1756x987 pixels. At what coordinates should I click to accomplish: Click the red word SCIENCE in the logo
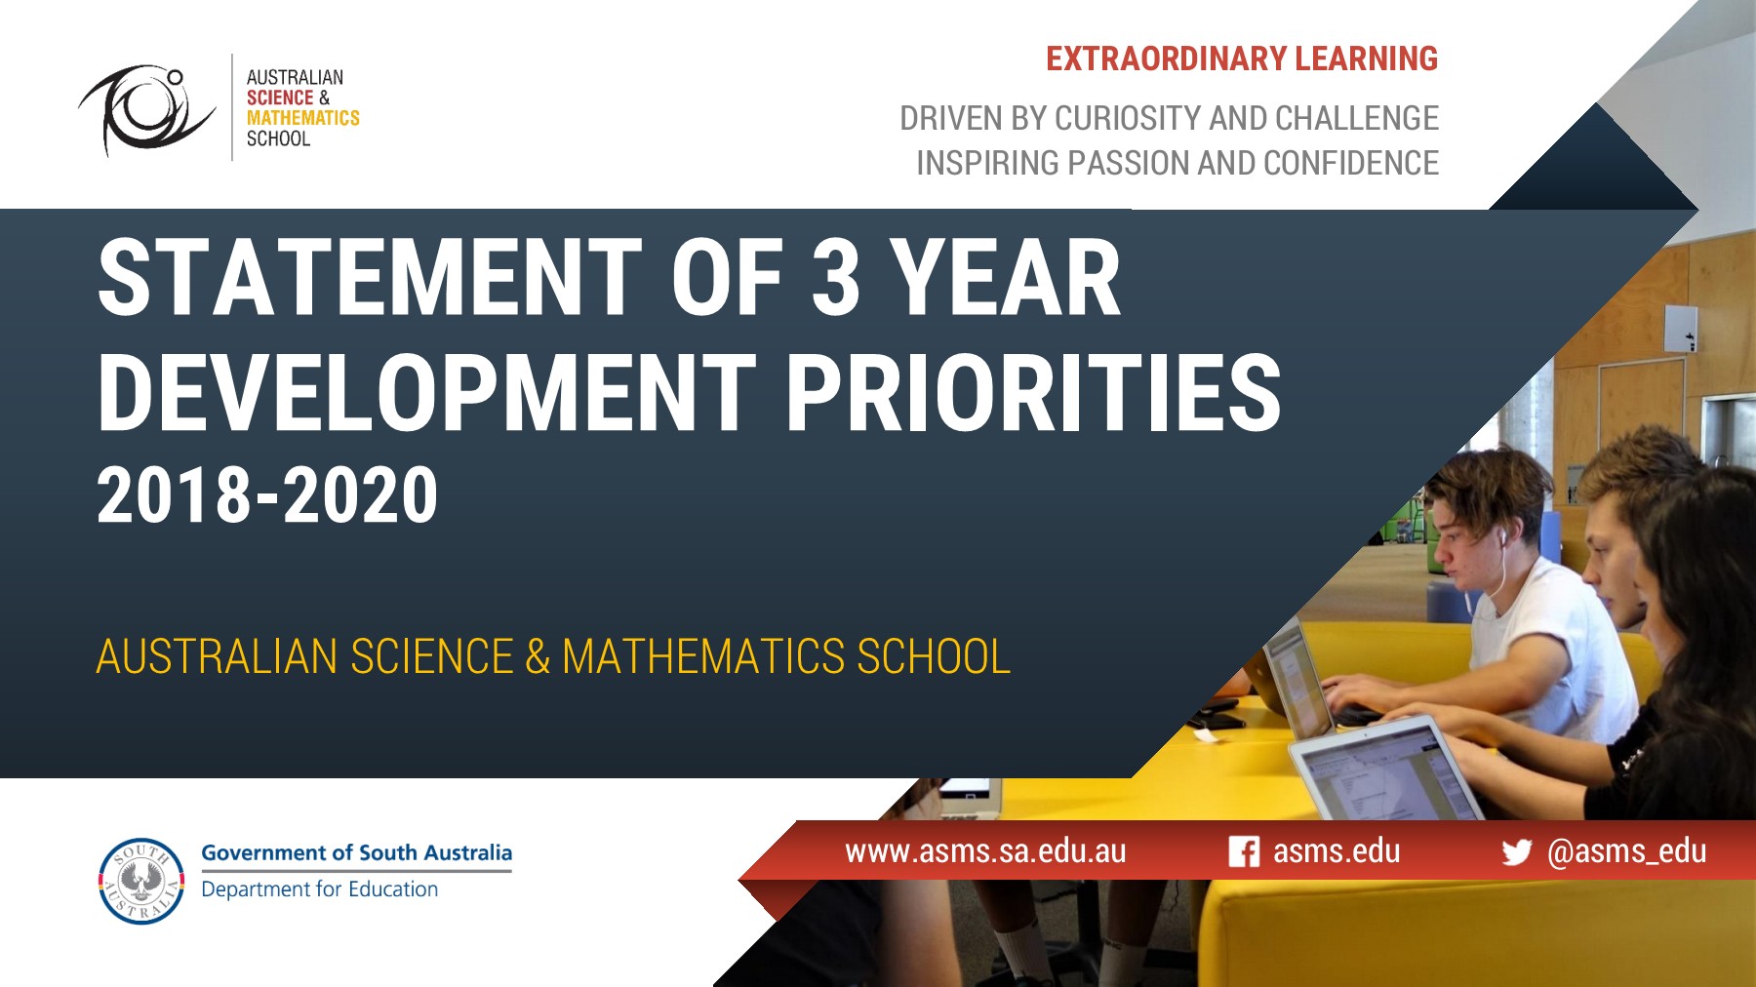pyautogui.click(x=280, y=98)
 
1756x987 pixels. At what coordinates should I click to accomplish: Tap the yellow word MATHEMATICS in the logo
pyautogui.click(x=302, y=118)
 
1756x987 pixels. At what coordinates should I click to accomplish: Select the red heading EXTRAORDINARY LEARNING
pyautogui.click(x=1242, y=59)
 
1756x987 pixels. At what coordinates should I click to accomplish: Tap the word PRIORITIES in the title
pyautogui.click(x=1033, y=393)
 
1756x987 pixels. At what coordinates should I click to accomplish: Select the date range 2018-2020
pyautogui.click(x=267, y=495)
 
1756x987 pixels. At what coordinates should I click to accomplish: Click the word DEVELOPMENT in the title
pyautogui.click(x=427, y=393)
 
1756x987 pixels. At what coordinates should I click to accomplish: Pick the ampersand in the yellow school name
pyautogui.click(x=538, y=656)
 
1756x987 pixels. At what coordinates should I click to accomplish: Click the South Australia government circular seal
pyautogui.click(x=141, y=881)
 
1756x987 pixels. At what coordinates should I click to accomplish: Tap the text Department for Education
pyautogui.click(x=319, y=889)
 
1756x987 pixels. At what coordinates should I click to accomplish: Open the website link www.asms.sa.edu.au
pyautogui.click(x=985, y=851)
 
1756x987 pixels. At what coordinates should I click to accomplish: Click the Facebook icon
pyautogui.click(x=1244, y=851)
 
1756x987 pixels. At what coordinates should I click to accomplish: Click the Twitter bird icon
pyautogui.click(x=1516, y=852)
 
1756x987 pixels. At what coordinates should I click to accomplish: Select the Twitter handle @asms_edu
pyautogui.click(x=1626, y=851)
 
